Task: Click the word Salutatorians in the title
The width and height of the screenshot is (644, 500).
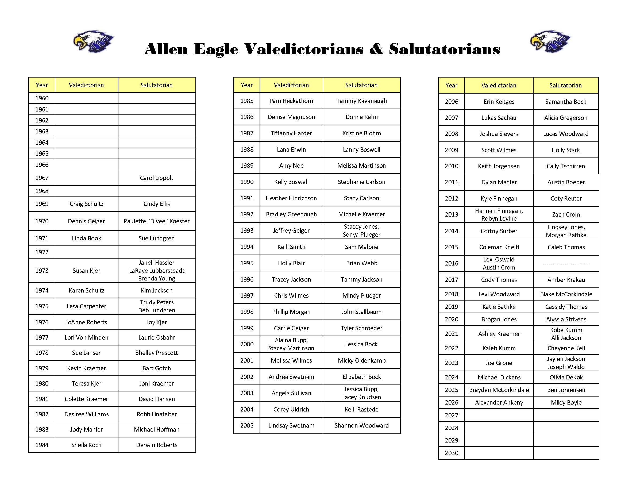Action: point(444,49)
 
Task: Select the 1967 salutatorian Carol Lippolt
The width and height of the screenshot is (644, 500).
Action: point(157,178)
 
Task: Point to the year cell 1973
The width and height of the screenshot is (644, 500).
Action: point(42,271)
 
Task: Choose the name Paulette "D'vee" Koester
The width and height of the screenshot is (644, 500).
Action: point(157,221)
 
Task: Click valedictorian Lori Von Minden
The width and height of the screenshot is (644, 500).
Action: point(86,337)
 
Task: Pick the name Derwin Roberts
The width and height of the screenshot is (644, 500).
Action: point(157,445)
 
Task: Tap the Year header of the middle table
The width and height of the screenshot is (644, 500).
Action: point(246,85)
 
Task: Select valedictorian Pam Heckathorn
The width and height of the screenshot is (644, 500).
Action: point(291,101)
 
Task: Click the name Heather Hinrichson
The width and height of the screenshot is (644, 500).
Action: point(291,198)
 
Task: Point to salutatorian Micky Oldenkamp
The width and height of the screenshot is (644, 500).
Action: point(361,360)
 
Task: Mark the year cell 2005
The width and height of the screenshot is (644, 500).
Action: point(247,425)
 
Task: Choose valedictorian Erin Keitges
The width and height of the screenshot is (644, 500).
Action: point(499,102)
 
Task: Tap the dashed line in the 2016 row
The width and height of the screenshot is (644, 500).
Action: point(566,264)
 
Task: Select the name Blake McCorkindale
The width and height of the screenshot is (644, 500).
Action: point(566,294)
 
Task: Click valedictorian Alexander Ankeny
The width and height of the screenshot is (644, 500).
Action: point(499,402)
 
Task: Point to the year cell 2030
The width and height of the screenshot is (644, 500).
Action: point(452,453)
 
